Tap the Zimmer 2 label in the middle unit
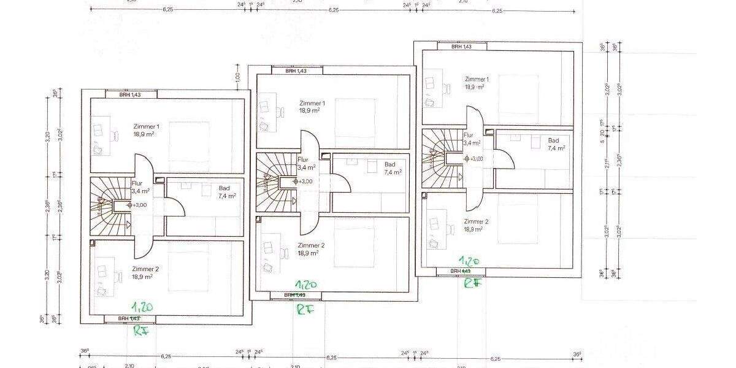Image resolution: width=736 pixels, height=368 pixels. [312, 245]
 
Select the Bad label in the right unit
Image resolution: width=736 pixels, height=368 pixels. [554, 140]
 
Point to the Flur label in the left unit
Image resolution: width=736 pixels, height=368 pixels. [137, 183]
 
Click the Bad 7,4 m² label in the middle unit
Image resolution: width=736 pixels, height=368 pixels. [391, 169]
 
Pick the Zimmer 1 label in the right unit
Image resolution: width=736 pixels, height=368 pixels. [477, 80]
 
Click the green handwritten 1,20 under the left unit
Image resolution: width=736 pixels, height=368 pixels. [142, 306]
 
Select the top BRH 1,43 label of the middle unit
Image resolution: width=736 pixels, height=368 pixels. [296, 71]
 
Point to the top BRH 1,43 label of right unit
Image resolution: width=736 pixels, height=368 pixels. [461, 47]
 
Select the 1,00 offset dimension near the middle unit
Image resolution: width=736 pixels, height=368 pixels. [237, 77]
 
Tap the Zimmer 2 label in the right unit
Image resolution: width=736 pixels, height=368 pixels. [476, 221]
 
